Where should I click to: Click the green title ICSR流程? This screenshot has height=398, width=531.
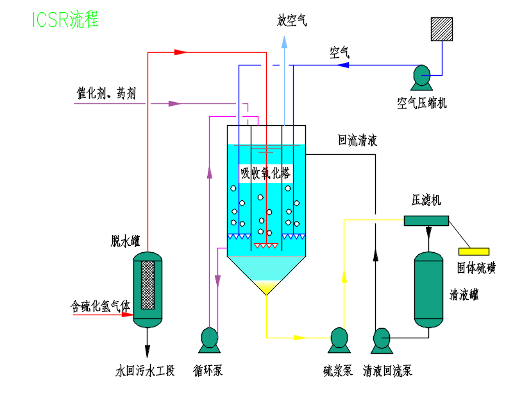coord(65,19)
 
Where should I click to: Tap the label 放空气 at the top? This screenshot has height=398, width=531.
coord(291,21)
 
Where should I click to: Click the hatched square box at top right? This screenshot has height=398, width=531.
coord(441,29)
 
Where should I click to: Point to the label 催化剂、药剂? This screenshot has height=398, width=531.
coord(106,94)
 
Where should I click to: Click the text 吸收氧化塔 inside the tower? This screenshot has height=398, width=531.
coord(265,173)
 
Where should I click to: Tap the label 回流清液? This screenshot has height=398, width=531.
coord(358,141)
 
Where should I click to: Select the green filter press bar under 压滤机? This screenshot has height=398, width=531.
coord(426,220)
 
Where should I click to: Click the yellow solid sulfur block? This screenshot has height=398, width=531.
coord(473,251)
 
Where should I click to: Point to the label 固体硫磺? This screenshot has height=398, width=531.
coord(476,268)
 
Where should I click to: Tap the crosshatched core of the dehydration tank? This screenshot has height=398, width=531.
coord(147,284)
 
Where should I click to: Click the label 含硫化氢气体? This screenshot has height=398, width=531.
coord(100,307)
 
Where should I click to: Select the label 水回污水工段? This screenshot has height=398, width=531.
coord(144,370)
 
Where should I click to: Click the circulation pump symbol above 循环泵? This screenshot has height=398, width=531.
coord(209,339)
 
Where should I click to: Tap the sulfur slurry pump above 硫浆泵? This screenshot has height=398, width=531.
coord(338,339)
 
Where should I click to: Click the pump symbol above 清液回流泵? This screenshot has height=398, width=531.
coord(382,339)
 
